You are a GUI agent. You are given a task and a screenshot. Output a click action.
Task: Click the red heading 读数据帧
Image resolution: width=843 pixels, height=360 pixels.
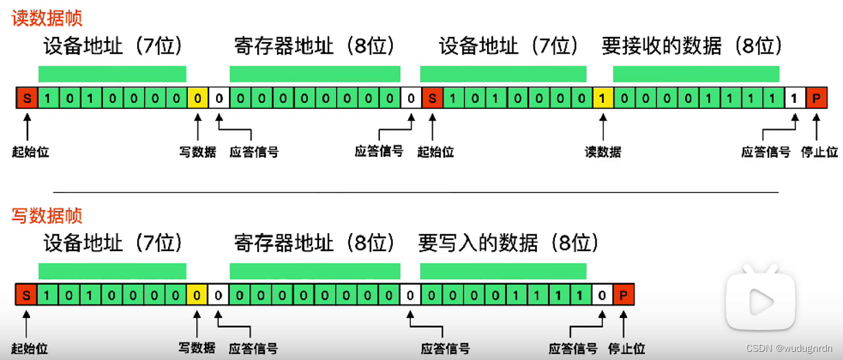click(47, 18)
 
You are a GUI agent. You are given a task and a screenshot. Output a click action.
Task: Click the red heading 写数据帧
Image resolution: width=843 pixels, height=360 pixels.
click(47, 215)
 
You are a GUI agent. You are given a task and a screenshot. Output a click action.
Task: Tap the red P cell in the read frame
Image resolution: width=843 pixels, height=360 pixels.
click(816, 98)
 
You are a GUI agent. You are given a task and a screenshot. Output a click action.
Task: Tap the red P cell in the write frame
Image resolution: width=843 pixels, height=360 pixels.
click(624, 295)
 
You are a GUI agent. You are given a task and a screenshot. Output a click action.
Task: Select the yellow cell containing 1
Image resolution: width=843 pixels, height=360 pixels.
click(603, 98)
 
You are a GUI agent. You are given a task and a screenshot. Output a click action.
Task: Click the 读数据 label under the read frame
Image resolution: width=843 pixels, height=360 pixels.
click(603, 152)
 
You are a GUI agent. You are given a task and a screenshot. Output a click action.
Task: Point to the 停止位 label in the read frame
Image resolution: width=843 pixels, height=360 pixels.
click(819, 152)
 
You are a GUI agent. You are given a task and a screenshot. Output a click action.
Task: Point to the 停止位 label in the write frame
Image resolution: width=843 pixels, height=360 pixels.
click(627, 348)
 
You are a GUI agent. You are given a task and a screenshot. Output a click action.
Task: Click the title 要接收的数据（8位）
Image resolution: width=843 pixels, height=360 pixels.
click(691, 46)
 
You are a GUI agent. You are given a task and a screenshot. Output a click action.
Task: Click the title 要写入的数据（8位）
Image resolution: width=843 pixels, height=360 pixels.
click(508, 243)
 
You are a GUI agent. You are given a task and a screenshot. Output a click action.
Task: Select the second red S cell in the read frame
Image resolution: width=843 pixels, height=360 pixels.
click(432, 98)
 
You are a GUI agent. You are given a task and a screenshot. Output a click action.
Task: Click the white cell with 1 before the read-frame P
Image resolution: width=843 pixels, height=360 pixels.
click(795, 98)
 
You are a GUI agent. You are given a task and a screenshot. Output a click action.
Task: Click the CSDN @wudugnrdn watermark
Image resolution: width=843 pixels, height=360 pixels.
click(789, 348)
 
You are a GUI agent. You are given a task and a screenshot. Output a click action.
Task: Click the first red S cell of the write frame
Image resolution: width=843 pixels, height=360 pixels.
click(26, 295)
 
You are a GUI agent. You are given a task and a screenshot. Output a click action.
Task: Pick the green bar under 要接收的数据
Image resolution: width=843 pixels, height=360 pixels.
click(696, 74)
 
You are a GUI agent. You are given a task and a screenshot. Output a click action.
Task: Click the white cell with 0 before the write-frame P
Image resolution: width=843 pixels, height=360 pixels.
click(602, 295)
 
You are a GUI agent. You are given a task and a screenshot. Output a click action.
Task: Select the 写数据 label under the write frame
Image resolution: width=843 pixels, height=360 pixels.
click(197, 348)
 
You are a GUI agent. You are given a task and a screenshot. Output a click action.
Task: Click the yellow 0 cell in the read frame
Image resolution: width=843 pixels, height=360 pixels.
click(198, 98)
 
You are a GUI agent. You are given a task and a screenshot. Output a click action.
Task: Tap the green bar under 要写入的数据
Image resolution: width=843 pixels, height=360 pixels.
click(503, 271)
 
